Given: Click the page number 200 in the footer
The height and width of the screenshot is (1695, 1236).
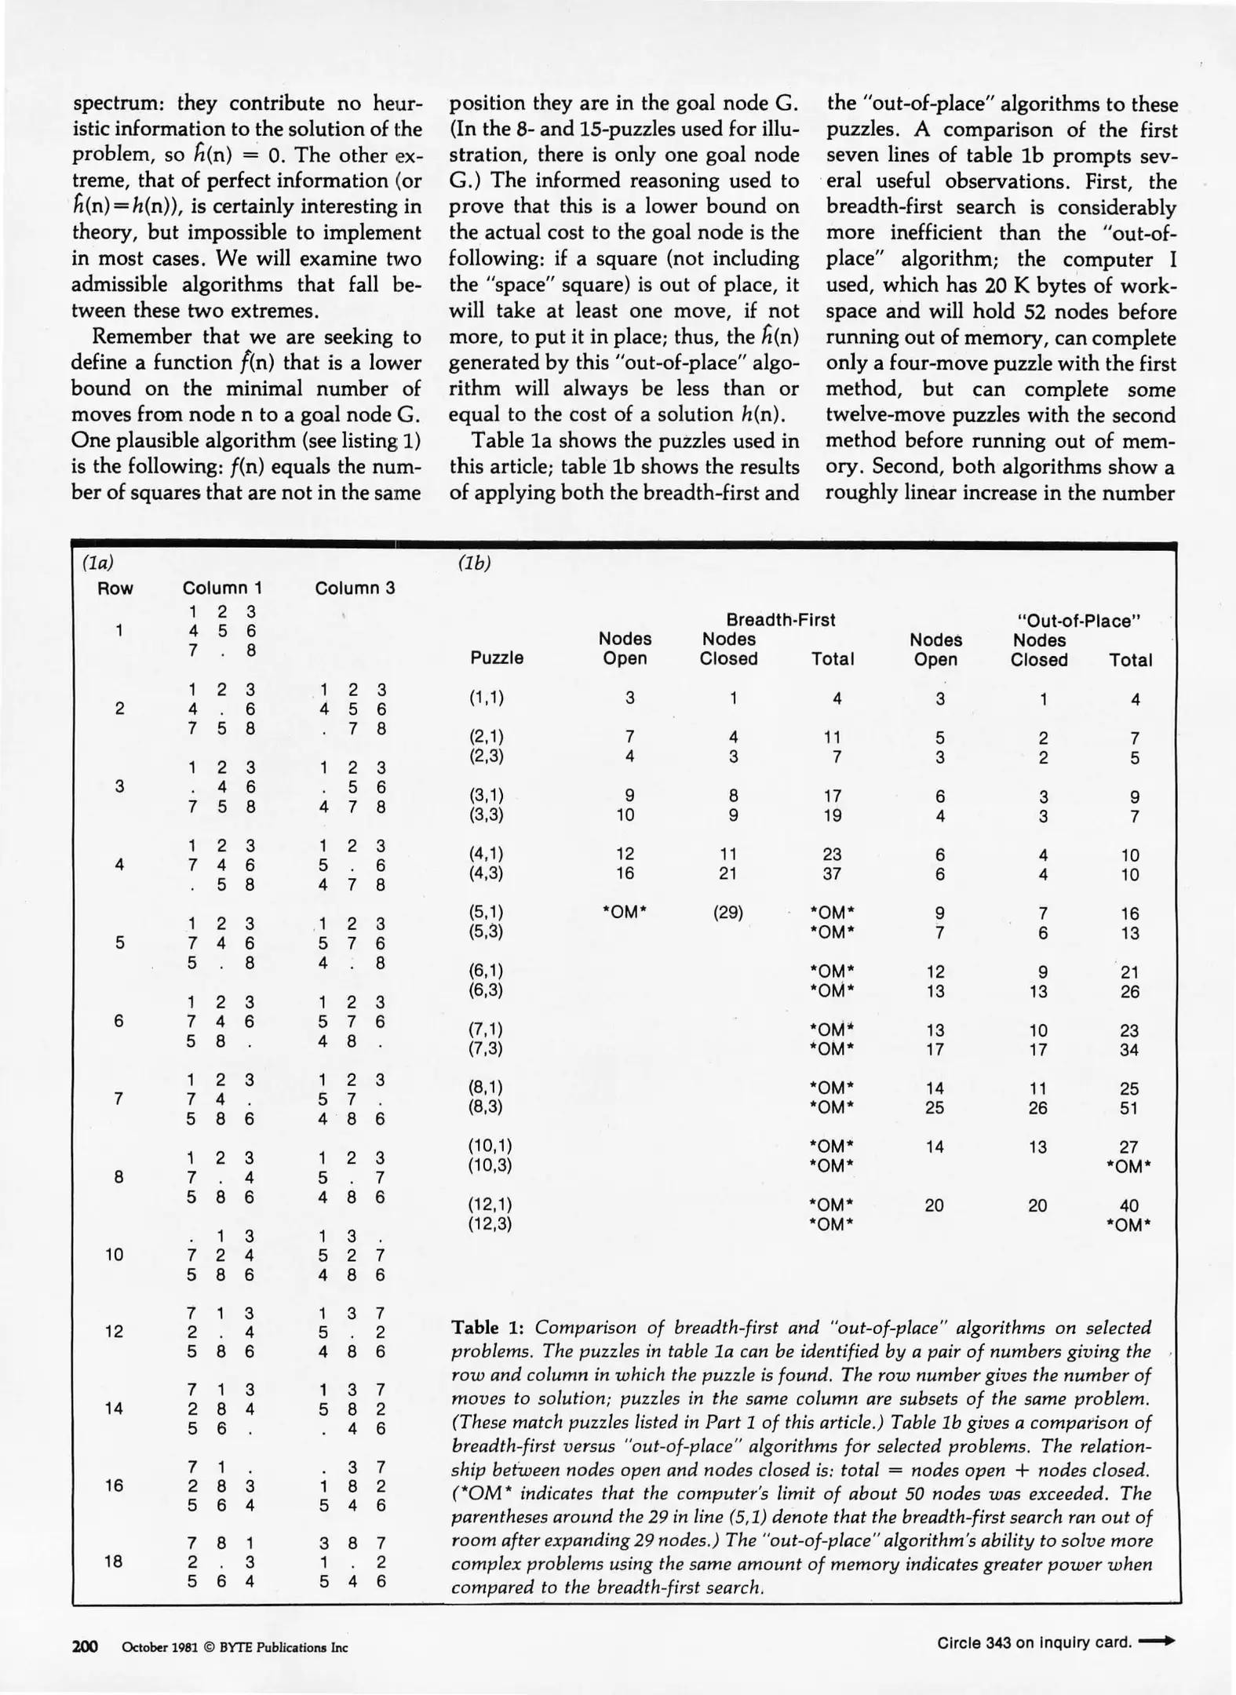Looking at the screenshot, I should pyautogui.click(x=85, y=1646).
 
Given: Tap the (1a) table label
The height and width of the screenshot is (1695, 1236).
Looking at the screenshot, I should pyautogui.click(x=98, y=563).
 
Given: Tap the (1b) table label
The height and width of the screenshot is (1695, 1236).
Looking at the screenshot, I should pyautogui.click(x=473, y=563).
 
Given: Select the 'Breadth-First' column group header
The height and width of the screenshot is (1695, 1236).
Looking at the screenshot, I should pyautogui.click(x=780, y=619).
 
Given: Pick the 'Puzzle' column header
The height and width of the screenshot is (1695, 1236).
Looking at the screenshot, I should pyautogui.click(x=497, y=658).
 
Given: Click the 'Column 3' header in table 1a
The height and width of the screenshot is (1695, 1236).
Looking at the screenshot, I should pyautogui.click(x=355, y=588).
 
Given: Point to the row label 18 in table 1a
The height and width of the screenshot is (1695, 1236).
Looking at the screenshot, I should pyautogui.click(x=114, y=1561).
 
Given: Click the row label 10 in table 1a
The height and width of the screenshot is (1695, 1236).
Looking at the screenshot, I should pyautogui.click(x=114, y=1255).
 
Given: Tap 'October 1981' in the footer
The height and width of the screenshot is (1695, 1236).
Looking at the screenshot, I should pyautogui.click(x=157, y=1647).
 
